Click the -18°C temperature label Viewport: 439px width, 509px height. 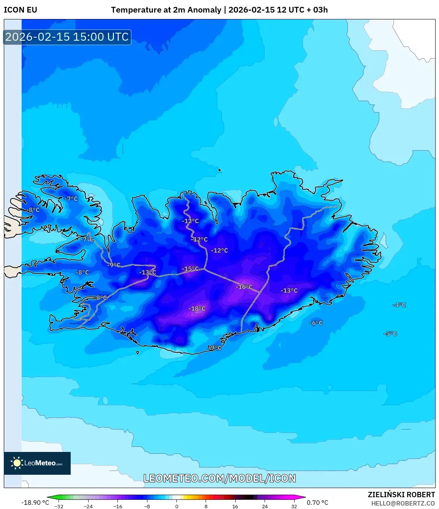197,309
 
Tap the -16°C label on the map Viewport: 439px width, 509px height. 244,287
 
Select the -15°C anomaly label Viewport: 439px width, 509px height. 190,269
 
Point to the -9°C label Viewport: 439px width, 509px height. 114,265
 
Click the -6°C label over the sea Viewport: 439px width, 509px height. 316,323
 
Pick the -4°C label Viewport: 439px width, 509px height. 399,305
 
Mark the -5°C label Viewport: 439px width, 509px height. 390,334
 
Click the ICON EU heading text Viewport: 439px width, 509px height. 21,10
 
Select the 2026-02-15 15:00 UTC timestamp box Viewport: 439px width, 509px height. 67,37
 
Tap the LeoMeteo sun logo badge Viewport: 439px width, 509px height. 37,463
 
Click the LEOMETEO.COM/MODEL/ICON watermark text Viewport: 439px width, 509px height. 220,478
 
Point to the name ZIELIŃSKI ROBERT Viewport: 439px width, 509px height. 401,495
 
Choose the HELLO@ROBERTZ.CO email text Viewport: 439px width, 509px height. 403,503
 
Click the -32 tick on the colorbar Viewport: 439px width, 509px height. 59,506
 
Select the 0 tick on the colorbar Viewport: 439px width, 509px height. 176,506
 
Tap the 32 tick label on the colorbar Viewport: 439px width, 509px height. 294,506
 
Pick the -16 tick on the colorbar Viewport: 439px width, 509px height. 118,506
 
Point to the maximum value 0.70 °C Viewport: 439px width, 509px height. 317,503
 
